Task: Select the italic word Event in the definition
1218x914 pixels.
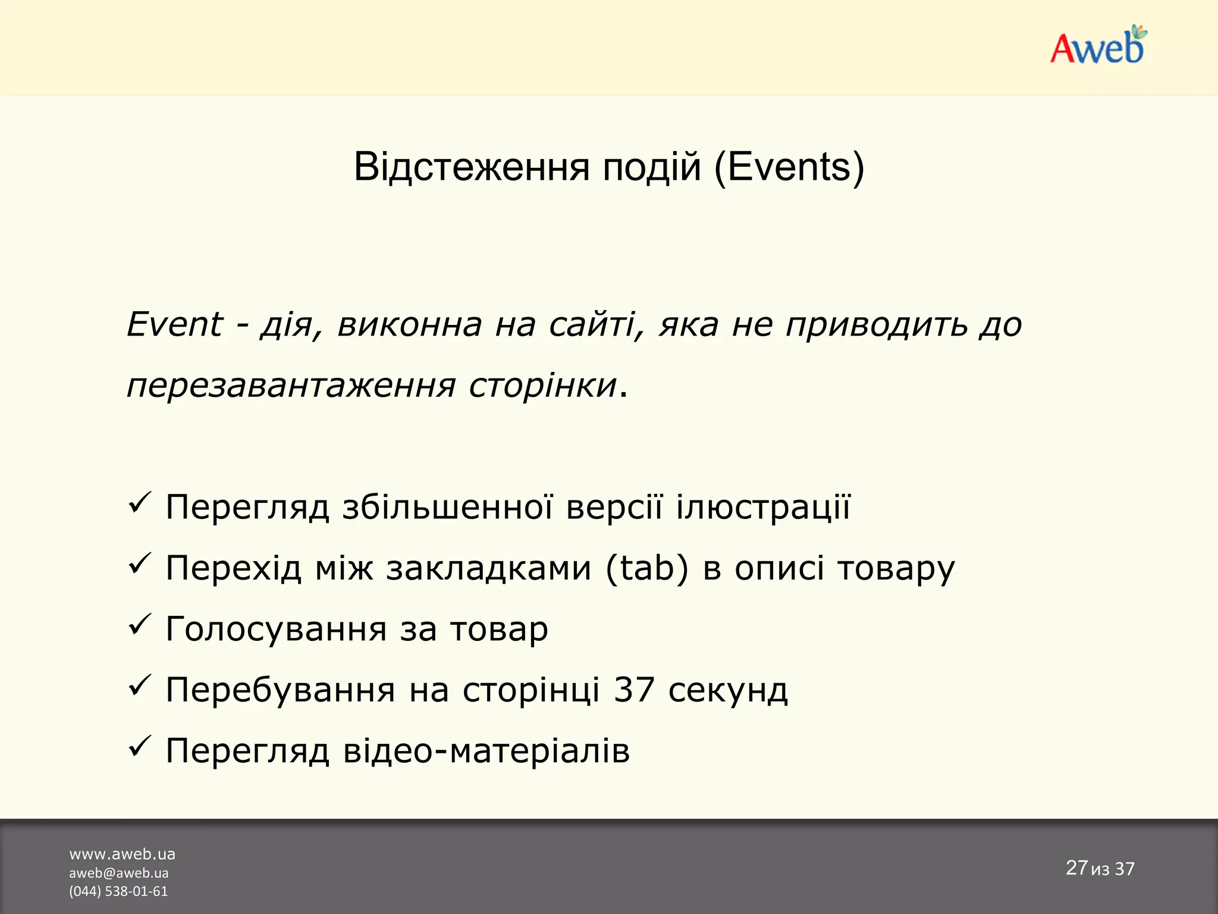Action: (174, 325)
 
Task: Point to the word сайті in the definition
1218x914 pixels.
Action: (597, 325)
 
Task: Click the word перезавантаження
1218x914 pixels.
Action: (291, 386)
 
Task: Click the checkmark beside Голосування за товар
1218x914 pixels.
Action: (140, 625)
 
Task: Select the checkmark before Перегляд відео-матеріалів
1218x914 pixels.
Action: (140, 747)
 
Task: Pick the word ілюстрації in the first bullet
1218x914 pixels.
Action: (763, 508)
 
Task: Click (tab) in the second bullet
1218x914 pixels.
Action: (647, 568)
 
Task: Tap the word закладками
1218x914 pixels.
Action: (488, 568)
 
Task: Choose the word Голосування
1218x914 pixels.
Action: (276, 630)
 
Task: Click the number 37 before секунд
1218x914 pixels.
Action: (634, 690)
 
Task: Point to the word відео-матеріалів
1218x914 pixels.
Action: (486, 751)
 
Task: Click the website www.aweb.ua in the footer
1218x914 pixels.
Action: (123, 854)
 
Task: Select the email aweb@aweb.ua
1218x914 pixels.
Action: (119, 873)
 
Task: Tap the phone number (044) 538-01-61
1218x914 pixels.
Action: (118, 891)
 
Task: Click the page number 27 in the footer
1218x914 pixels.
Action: (1076, 868)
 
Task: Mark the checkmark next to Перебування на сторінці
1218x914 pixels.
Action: (140, 686)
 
